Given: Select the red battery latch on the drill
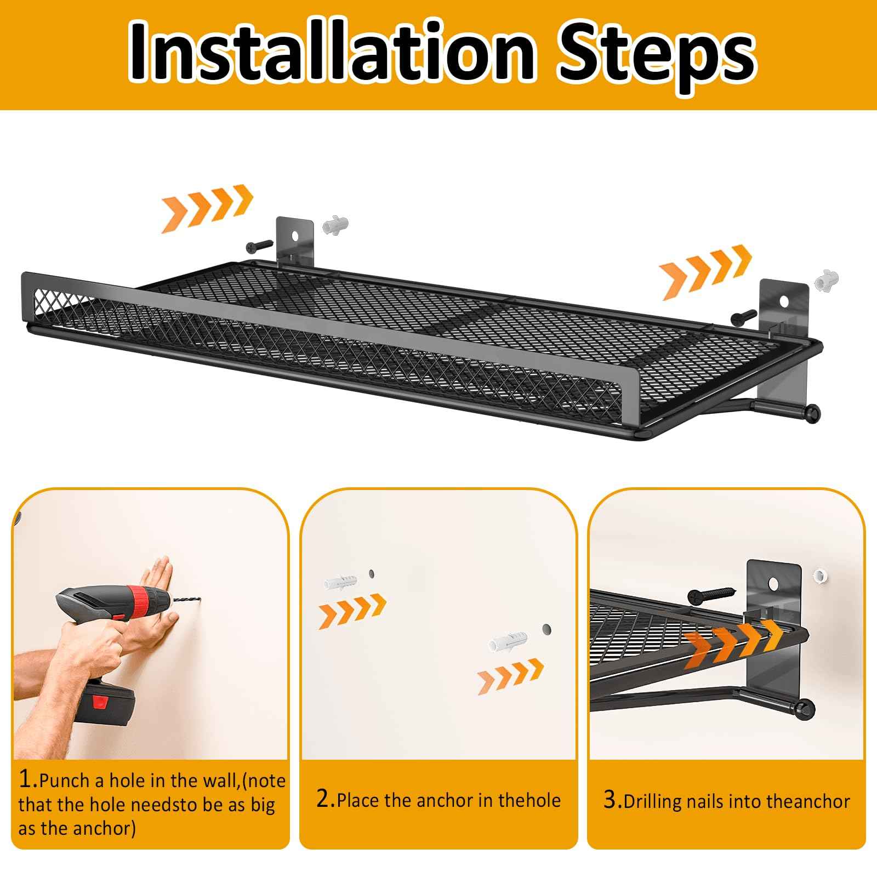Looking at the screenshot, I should pyautogui.click(x=100, y=702).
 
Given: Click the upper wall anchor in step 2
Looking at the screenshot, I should pyautogui.click(x=340, y=582).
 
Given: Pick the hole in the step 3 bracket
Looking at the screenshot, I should pyautogui.click(x=774, y=582).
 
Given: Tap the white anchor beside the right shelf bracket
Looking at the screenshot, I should pyautogui.click(x=827, y=281).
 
